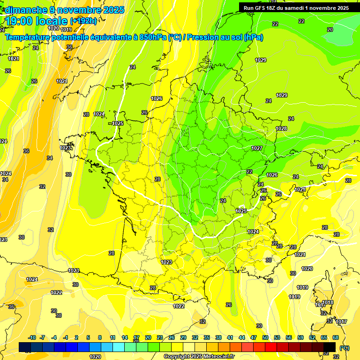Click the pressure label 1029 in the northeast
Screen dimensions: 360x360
tap(261, 60)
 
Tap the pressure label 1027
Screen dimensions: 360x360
tap(257, 148)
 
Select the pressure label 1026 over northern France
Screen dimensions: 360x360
tap(157, 98)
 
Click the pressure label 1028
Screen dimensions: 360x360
tap(281, 128)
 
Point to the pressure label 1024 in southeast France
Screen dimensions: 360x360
tap(253, 232)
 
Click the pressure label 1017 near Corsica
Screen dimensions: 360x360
tap(341, 322)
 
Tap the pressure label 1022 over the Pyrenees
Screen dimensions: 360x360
tap(179, 306)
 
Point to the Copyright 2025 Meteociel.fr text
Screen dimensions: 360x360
tap(199, 356)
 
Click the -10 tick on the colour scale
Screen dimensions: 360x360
tap(32, 337)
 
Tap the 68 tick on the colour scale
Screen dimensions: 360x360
tap(336, 337)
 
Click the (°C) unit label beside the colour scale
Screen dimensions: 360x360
tap(345, 347)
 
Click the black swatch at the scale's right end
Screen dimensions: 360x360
tap(330, 347)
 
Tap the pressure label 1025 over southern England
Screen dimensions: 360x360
tap(118, 123)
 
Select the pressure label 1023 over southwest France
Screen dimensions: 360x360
tap(166, 262)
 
